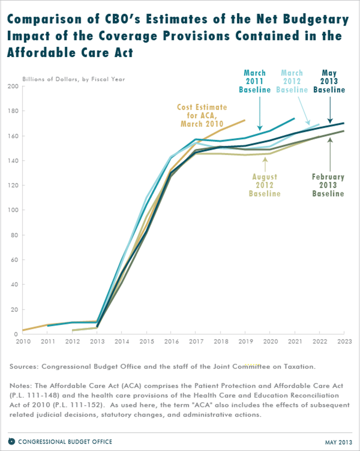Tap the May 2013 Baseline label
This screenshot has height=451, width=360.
(x=329, y=81)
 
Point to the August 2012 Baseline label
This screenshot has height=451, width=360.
(x=264, y=185)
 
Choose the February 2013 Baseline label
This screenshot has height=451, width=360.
(x=328, y=185)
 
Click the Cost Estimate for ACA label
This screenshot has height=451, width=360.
(x=201, y=115)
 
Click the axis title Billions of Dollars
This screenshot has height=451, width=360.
(x=73, y=79)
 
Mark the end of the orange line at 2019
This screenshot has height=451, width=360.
(x=245, y=120)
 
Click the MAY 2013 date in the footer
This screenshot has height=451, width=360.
(x=338, y=441)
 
